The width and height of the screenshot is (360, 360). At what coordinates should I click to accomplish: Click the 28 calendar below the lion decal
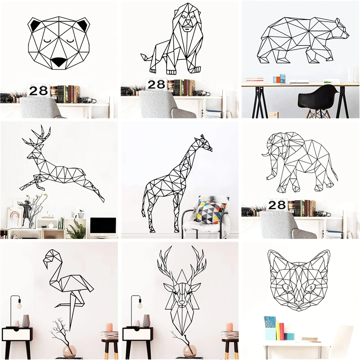tap(157, 84)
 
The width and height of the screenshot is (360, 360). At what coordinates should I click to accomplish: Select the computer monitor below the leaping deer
tap(103, 226)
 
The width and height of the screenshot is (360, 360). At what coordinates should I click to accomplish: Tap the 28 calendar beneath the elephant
tap(278, 206)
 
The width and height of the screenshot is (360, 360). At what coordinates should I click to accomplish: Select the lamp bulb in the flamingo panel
tap(19, 306)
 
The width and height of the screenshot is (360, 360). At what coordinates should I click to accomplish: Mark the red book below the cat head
tap(282, 332)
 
